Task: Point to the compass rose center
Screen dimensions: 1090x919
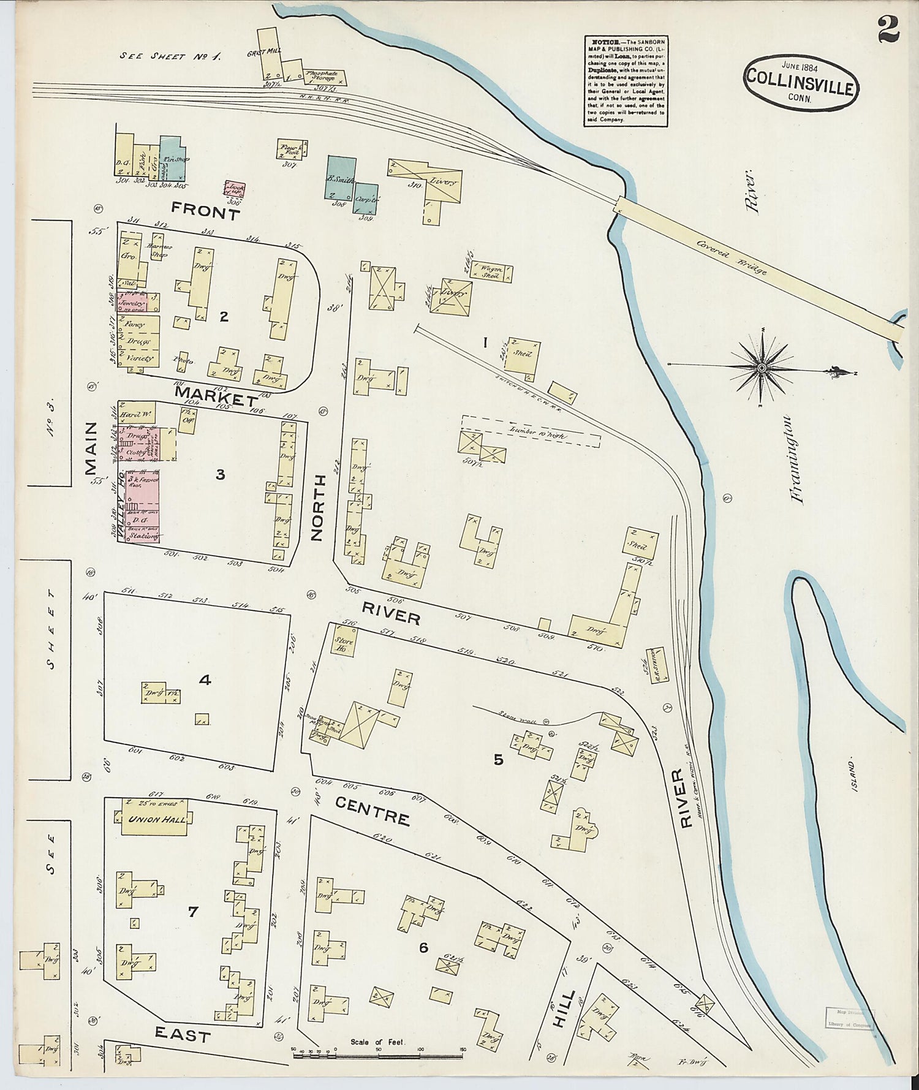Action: [761, 367]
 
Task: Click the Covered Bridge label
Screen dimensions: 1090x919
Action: [731, 255]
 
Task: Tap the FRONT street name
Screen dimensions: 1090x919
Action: [197, 212]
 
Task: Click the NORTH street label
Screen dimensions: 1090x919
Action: [317, 508]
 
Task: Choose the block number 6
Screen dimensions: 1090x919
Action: [423, 947]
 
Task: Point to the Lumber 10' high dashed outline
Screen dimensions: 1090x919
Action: [530, 433]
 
